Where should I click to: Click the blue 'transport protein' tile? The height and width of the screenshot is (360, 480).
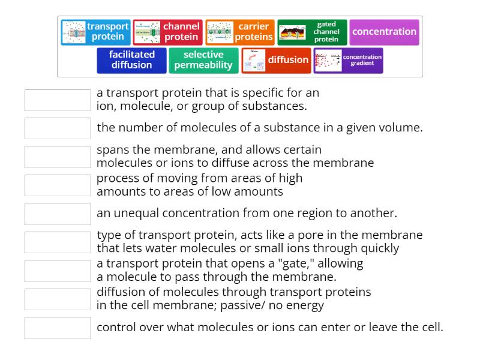(x=96, y=32)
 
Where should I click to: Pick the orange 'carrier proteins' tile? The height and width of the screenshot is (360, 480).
(x=240, y=32)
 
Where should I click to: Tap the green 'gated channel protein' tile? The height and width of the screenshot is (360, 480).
(x=312, y=32)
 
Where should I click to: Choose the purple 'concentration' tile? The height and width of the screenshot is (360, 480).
(x=384, y=32)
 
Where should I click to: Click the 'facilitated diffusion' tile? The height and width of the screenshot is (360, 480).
(x=131, y=60)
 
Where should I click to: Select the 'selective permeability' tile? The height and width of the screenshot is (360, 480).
(x=203, y=60)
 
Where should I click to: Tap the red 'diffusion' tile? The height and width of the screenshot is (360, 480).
(x=277, y=60)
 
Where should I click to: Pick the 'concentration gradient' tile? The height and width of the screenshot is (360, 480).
(x=348, y=60)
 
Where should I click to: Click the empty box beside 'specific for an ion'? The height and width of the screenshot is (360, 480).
(x=58, y=100)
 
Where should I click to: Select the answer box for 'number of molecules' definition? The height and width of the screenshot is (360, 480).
(x=58, y=128)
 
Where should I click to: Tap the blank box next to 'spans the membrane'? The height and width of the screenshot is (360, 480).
(x=58, y=157)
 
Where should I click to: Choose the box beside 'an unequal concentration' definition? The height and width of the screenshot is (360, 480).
(x=58, y=214)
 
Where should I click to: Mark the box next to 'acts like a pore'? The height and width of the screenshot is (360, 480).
(x=58, y=242)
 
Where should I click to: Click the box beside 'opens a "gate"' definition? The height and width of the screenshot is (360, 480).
(x=58, y=271)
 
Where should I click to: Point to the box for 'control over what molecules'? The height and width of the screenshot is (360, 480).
(x=58, y=328)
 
